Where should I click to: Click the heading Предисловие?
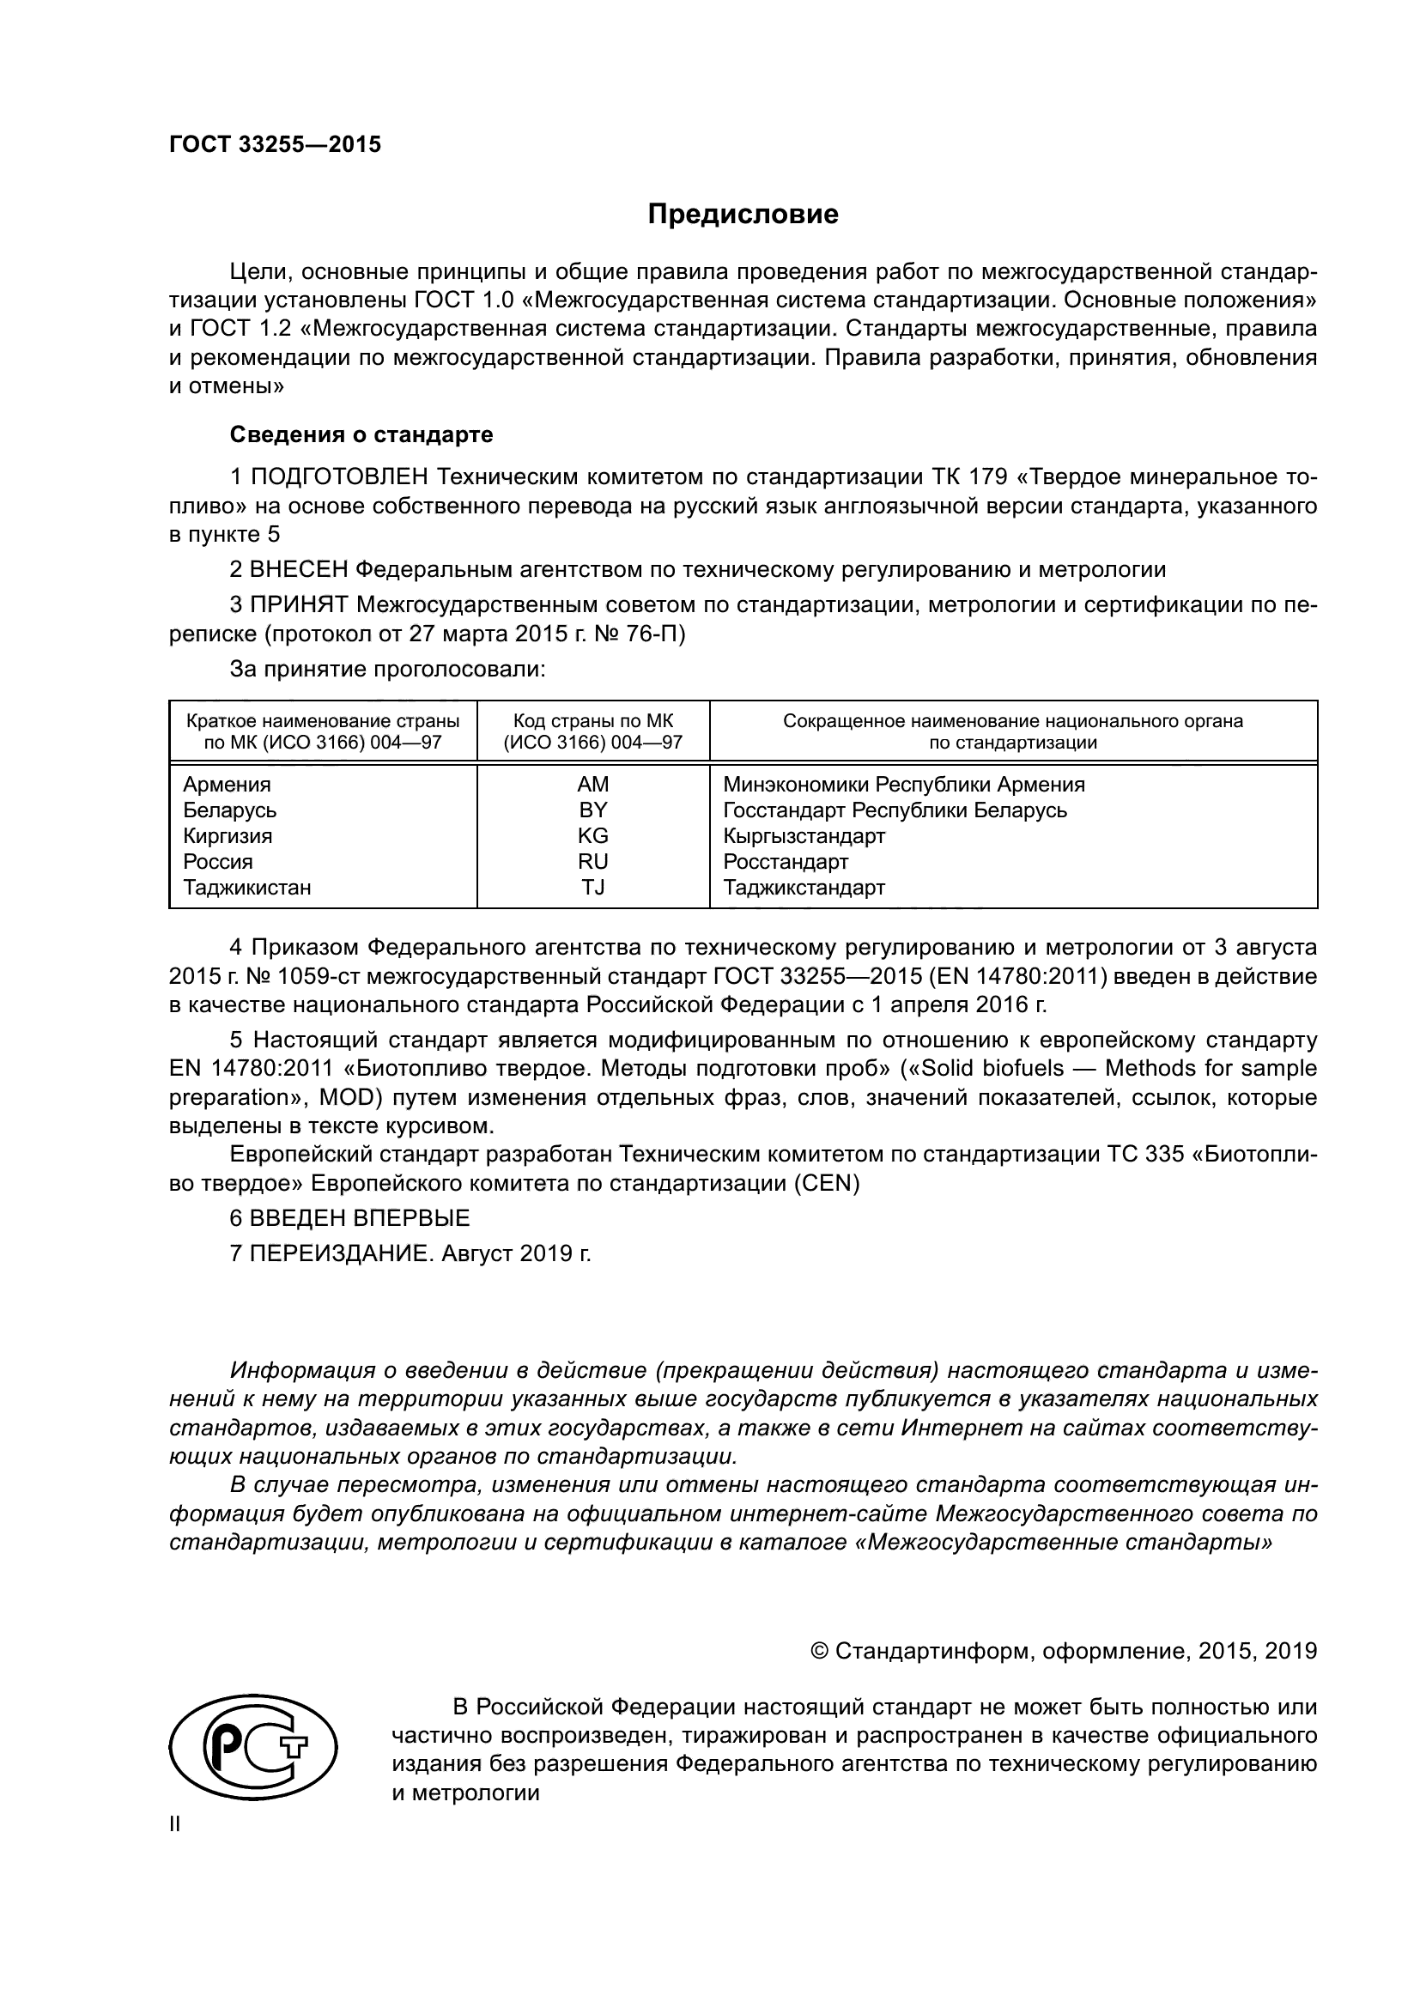(743, 215)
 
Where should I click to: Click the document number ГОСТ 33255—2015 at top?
(275, 144)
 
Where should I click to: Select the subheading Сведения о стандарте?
(361, 434)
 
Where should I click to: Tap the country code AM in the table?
(593, 784)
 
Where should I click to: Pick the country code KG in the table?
(593, 835)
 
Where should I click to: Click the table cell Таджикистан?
(246, 887)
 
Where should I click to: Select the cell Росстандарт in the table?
(786, 861)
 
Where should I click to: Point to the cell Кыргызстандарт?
(804, 835)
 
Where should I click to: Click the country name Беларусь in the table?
(229, 810)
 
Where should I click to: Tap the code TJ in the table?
(593, 887)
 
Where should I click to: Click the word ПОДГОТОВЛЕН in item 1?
(339, 477)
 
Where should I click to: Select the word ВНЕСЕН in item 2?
(299, 569)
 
